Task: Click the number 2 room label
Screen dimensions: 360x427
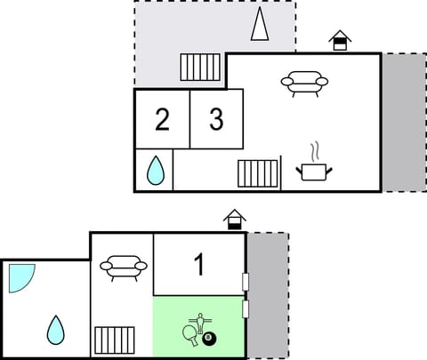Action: (161, 121)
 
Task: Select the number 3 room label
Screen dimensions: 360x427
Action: (216, 120)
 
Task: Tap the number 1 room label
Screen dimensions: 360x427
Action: (199, 265)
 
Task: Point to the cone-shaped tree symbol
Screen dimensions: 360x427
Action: (259, 25)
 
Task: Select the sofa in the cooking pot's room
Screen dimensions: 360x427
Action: (304, 84)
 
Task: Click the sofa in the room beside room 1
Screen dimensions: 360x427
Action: (123, 267)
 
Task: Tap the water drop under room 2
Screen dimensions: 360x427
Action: (155, 170)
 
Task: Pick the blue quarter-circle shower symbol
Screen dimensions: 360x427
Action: (19, 276)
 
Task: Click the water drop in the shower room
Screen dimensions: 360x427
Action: (55, 330)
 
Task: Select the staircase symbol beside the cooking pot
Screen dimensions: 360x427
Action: (258, 172)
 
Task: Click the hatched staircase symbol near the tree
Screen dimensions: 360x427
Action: (200, 67)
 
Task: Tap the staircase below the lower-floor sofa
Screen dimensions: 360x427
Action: (114, 340)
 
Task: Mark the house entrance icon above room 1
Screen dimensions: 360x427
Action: (235, 219)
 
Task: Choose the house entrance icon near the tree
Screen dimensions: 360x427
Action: (339, 41)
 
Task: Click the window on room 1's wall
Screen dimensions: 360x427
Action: (245, 282)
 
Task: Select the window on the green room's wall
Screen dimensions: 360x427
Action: (245, 308)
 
